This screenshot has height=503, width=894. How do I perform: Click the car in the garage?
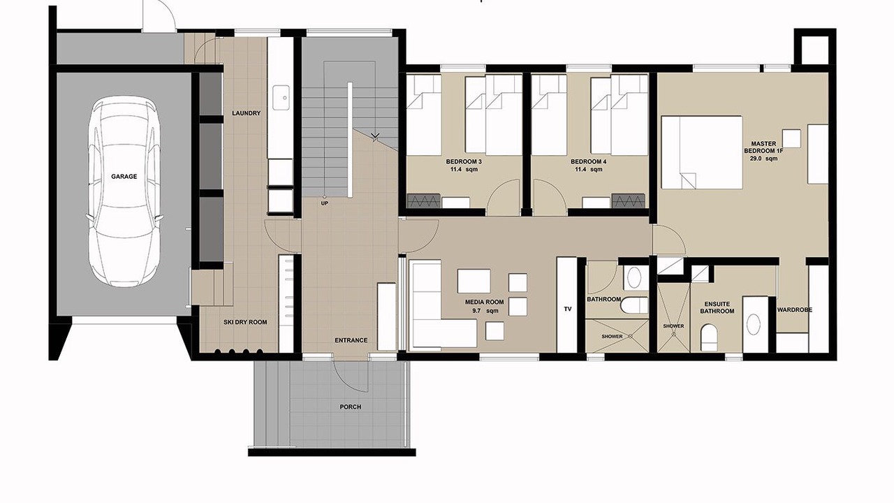coord(124,191)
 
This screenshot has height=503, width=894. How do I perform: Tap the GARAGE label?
coord(124,177)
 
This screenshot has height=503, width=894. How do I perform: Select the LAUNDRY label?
coord(247,113)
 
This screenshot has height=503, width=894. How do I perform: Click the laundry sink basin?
coord(281,97)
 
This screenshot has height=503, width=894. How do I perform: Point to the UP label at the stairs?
coord(325,203)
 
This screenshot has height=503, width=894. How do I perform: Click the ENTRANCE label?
coord(351,340)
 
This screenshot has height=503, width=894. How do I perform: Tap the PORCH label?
coord(351,407)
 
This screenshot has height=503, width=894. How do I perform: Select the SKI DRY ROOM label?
coord(245,322)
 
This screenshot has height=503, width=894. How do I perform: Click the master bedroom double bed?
coord(702,152)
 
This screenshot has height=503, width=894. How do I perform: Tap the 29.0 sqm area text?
coord(763,159)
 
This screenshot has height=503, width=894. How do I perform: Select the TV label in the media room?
coord(568,309)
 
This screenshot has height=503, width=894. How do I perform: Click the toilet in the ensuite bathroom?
coord(709,337)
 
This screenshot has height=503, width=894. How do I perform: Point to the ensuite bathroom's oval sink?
coord(754,324)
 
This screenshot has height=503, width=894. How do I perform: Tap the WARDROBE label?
coord(795,309)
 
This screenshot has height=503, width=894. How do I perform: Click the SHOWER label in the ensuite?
coord(674,326)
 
